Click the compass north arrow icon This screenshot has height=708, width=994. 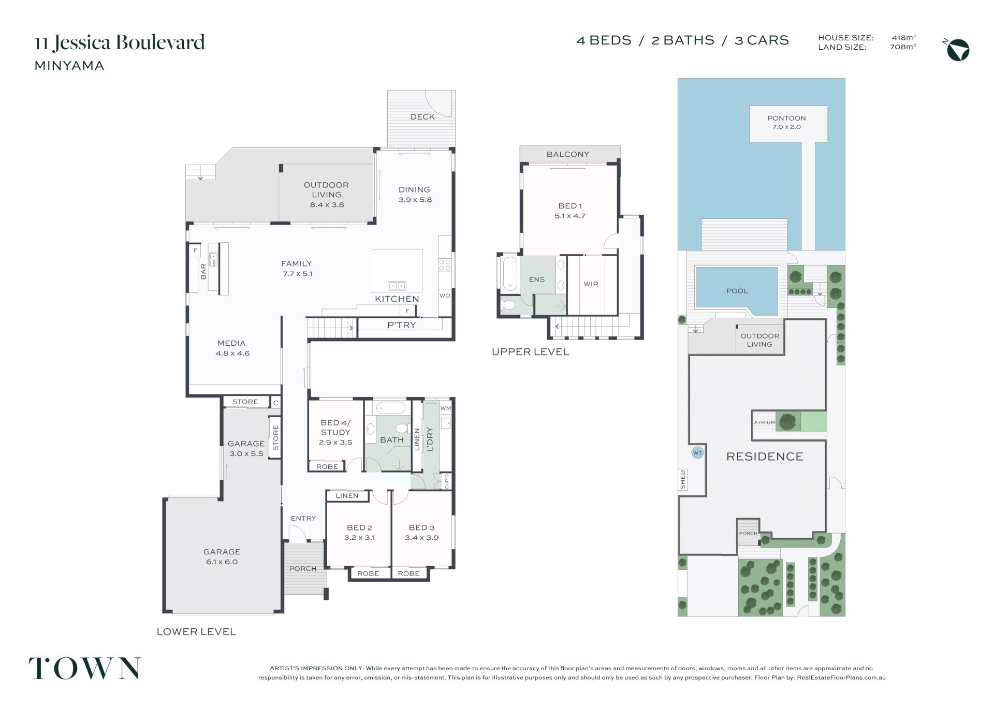pyautogui.click(x=957, y=50)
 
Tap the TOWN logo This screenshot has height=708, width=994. pyautogui.click(x=84, y=668)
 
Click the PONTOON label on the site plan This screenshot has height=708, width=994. pyautogui.click(x=786, y=118)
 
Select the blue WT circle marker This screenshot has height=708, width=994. pyautogui.click(x=697, y=453)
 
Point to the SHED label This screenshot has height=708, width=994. pyautogui.click(x=683, y=480)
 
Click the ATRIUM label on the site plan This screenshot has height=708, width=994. pyautogui.click(x=764, y=422)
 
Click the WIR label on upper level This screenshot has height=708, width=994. pyautogui.click(x=591, y=284)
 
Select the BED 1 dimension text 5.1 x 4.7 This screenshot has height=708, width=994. pyautogui.click(x=569, y=216)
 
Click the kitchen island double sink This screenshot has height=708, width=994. pyautogui.click(x=397, y=285)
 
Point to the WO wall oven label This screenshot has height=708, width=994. pyautogui.click(x=445, y=296)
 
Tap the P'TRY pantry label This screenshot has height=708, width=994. pyautogui.click(x=401, y=325)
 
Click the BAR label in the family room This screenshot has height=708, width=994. pyautogui.click(x=203, y=272)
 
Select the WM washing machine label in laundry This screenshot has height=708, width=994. pyautogui.click(x=445, y=408)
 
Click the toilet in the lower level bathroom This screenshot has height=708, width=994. pyautogui.click(x=401, y=429)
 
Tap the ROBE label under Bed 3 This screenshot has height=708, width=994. pyautogui.click(x=408, y=573)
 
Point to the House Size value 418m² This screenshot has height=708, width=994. pyautogui.click(x=904, y=37)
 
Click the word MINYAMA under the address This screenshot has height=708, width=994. pyautogui.click(x=69, y=66)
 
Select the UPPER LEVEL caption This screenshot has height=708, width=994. pyautogui.click(x=530, y=352)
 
